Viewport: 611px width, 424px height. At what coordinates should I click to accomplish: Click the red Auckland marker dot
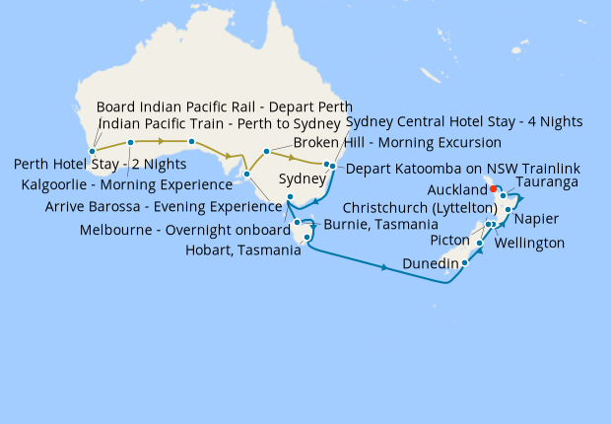pos(494,188)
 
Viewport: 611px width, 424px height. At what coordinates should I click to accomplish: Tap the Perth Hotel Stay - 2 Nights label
pos(100,164)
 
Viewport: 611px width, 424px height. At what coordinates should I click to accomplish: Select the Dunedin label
pos(430,263)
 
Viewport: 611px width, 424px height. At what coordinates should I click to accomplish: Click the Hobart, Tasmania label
pos(242,250)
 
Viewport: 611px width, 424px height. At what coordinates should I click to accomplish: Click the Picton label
pos(453,241)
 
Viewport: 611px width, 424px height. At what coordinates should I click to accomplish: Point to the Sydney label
pos(301,180)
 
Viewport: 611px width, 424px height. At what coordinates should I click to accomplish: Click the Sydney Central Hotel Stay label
pos(464,121)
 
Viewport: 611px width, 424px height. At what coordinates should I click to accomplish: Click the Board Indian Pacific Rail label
pos(225,106)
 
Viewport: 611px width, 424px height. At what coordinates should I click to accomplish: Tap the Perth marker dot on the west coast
pos(92,152)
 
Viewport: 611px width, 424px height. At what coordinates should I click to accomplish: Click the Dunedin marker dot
pos(463,263)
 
